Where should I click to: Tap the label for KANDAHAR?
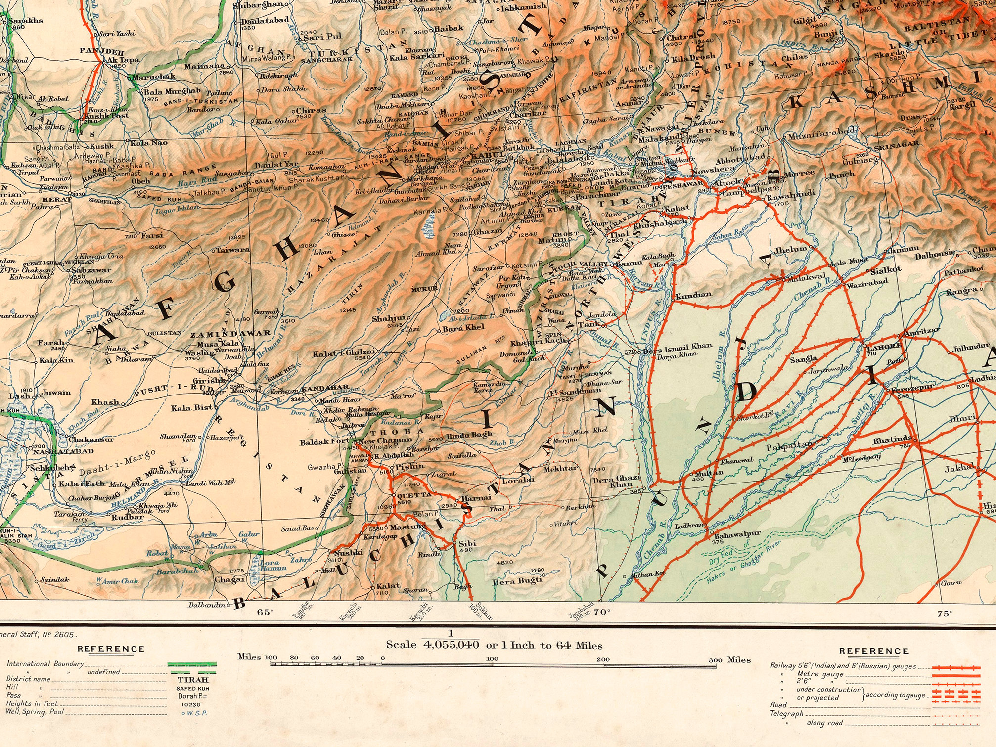coord(325,388)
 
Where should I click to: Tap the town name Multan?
coord(709,473)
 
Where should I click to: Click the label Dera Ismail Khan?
coord(678,347)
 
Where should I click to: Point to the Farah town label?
coord(51,342)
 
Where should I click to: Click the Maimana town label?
coord(204,66)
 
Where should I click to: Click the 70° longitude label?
coord(602,612)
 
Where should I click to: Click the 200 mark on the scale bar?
coord(603,659)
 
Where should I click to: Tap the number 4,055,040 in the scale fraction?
coord(451,645)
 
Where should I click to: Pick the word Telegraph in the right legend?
coord(786,713)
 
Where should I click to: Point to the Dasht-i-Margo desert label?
coord(117,462)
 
